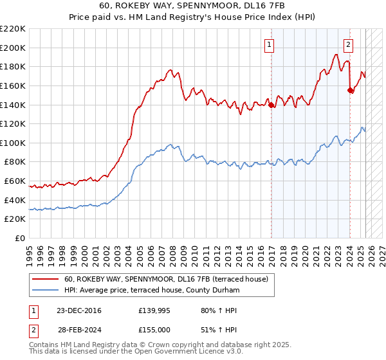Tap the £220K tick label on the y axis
[x=13, y=29]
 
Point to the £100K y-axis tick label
[x=13, y=143]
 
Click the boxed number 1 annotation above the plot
[x=268, y=45]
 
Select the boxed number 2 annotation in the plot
[x=348, y=45]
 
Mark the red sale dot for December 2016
[x=271, y=105]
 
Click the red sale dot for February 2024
[x=351, y=91]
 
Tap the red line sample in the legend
[x=46, y=279]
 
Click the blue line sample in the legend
[x=46, y=291]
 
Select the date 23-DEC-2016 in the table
[x=79, y=310]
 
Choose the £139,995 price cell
[x=153, y=310]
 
